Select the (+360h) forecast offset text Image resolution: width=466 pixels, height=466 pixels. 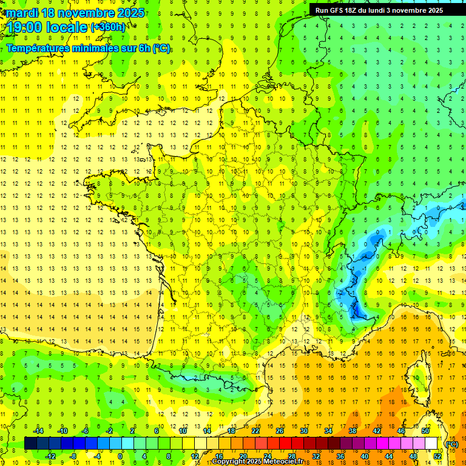[108, 27]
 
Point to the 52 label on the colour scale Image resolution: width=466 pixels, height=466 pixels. [437, 456]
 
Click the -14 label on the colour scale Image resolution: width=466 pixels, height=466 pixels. [38, 431]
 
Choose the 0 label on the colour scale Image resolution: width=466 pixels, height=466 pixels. [120, 456]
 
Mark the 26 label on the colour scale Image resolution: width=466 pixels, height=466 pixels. [280, 431]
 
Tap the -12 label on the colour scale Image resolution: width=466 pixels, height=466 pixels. [50, 456]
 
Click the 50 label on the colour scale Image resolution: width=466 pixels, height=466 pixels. [425, 431]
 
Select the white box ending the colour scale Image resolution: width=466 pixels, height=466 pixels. [431, 444]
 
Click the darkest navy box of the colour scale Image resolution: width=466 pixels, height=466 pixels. [31, 444]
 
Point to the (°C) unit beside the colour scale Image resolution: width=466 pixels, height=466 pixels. [452, 444]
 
